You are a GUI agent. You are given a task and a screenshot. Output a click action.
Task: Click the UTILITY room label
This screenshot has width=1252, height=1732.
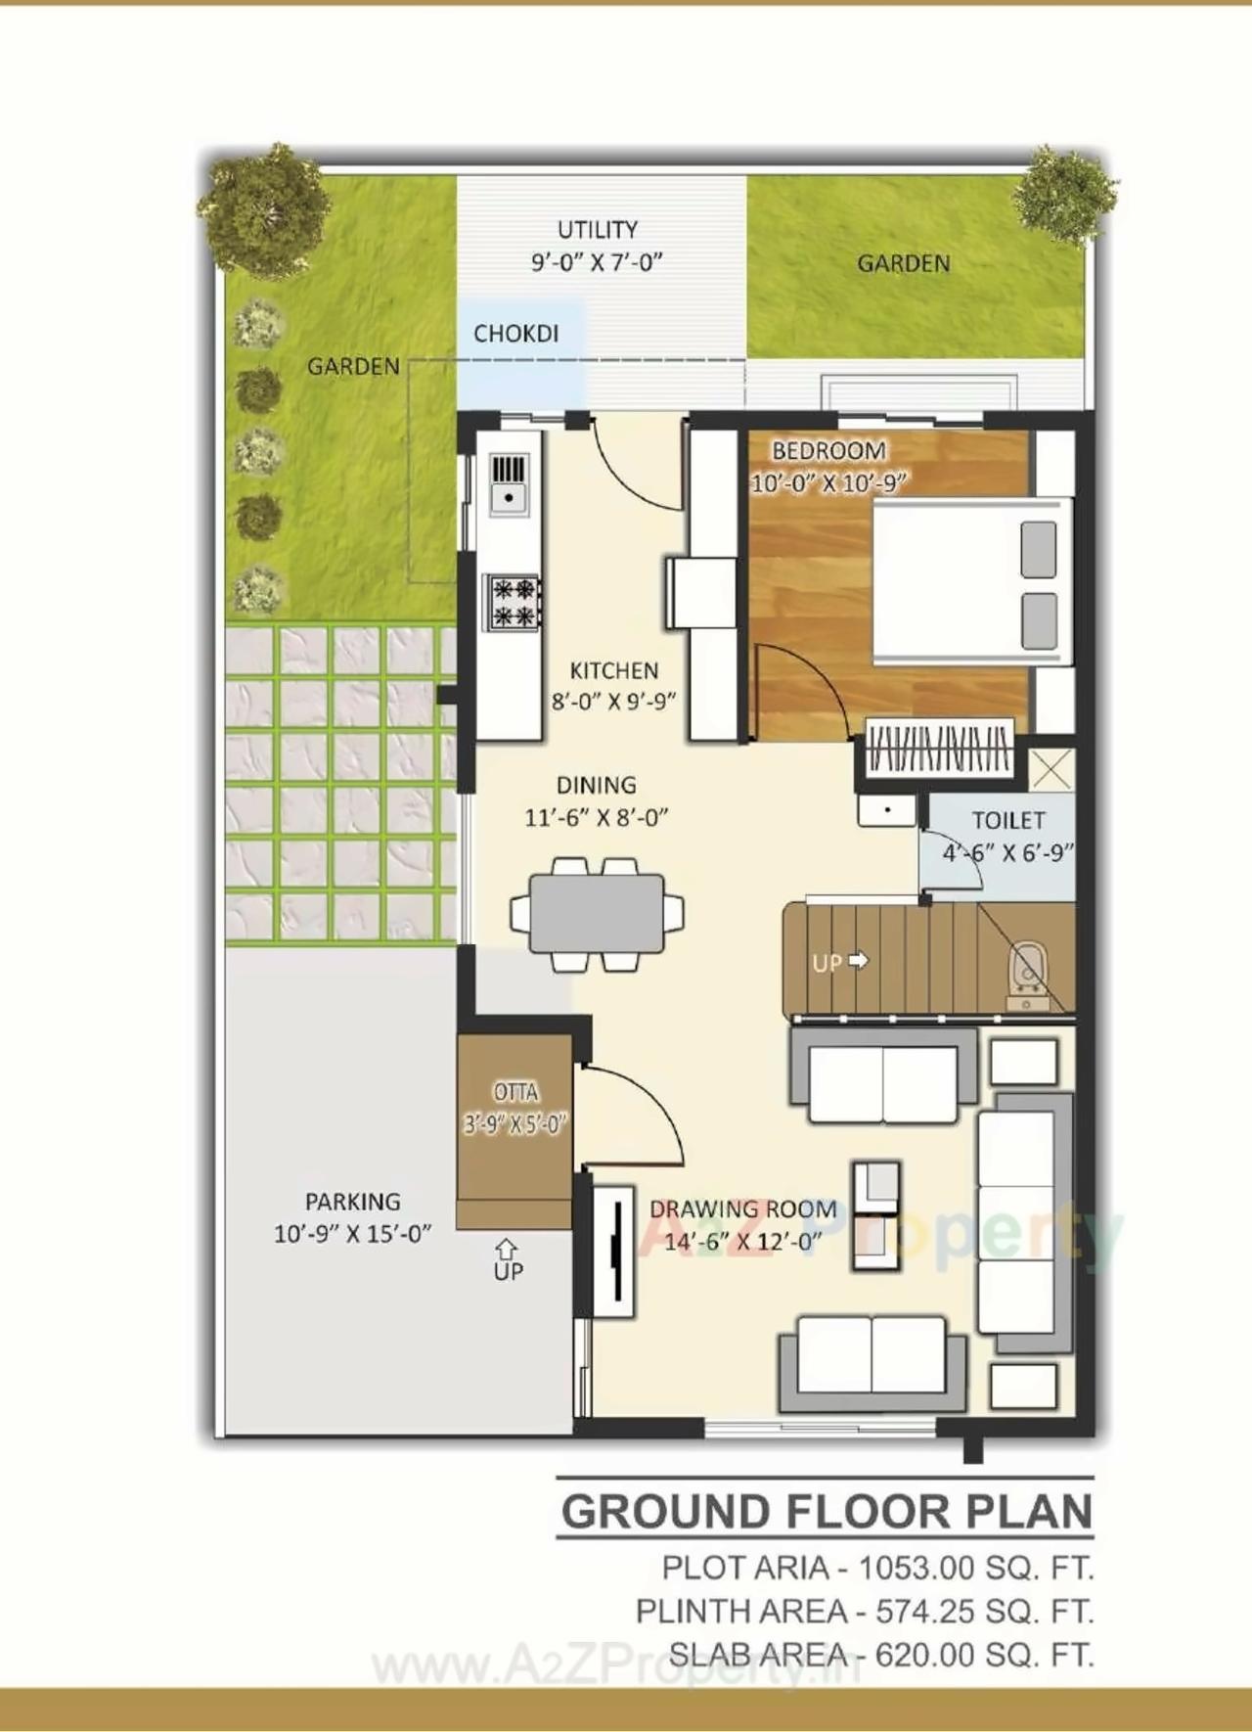[597, 230]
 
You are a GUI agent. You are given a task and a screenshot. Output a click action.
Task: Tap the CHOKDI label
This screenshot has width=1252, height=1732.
[515, 334]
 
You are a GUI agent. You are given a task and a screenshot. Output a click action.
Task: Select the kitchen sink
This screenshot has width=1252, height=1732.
[509, 482]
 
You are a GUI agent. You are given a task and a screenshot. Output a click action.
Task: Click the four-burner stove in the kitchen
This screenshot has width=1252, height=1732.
[514, 602]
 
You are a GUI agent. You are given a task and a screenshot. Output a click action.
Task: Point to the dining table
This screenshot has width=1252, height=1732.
[597, 914]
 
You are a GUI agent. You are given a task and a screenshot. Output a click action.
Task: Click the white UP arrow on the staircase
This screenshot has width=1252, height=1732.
[858, 961]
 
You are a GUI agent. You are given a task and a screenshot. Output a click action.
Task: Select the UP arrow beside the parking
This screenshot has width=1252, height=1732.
[506, 1250]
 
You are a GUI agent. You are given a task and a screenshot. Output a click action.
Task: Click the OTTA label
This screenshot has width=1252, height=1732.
[515, 1092]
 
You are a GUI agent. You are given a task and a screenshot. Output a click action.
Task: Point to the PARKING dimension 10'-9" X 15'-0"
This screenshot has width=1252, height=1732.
[352, 1234]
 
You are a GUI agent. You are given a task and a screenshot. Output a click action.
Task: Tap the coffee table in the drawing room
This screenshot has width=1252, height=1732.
[874, 1214]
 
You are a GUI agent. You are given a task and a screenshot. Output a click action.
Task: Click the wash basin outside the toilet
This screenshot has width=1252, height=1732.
[886, 810]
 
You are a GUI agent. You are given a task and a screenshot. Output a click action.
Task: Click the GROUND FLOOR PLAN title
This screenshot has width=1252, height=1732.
[827, 1512]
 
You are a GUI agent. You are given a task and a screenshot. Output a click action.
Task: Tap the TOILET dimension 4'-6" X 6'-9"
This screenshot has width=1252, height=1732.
[1007, 853]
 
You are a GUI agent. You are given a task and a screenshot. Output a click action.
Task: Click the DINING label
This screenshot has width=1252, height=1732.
[596, 785]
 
